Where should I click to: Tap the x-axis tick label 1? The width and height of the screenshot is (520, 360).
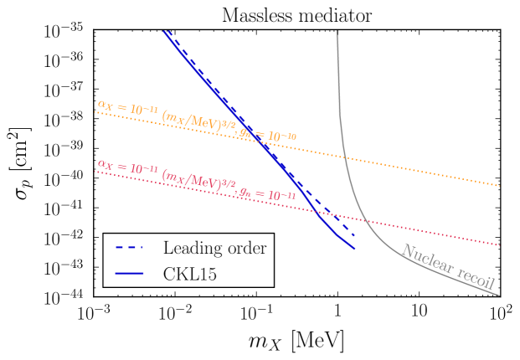[x=337, y=314]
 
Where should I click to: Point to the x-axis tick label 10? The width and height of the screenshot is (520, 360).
[x=419, y=314]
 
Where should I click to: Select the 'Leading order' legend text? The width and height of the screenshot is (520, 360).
[x=214, y=248]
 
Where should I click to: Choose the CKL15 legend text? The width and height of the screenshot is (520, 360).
[x=193, y=272]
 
